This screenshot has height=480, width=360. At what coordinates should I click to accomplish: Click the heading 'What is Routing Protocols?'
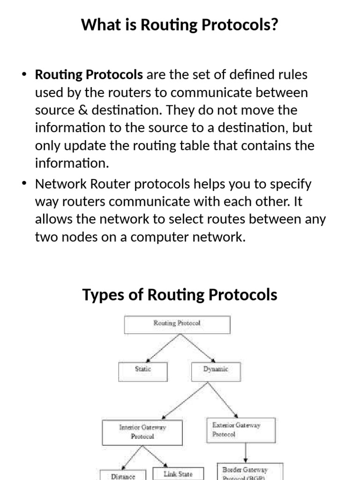click(x=180, y=24)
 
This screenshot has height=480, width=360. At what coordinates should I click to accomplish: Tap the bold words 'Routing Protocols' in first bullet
click(x=89, y=75)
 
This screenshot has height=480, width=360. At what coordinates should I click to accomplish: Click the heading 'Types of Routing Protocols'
click(x=180, y=295)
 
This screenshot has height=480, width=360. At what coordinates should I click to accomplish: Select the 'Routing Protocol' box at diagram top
click(x=177, y=324)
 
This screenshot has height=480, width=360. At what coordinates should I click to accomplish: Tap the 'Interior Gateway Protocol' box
click(x=142, y=432)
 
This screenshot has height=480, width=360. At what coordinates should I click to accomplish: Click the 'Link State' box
click(x=178, y=473)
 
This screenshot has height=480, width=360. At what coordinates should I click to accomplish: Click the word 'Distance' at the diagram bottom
click(x=123, y=476)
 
